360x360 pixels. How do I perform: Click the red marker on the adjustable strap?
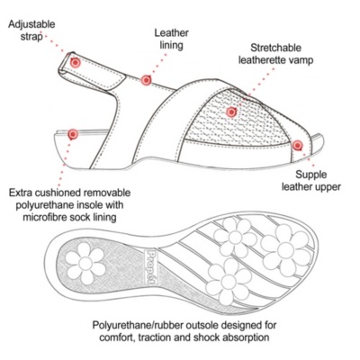click(x=76, y=63)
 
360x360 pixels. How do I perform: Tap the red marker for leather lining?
click(x=146, y=80)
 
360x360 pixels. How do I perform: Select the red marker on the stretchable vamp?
click(x=231, y=112)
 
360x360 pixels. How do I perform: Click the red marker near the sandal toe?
click(x=297, y=146)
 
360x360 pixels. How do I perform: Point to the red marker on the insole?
click(x=73, y=134)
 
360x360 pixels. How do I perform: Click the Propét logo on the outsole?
click(x=150, y=266)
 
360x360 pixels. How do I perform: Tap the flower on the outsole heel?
click(x=85, y=264)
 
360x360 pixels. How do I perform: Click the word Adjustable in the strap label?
click(x=31, y=24)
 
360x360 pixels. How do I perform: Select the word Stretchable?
click(x=276, y=48)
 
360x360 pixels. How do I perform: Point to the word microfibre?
click(x=45, y=217)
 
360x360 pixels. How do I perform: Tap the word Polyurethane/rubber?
click(x=138, y=326)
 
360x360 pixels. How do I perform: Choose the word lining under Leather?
click(x=171, y=46)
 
